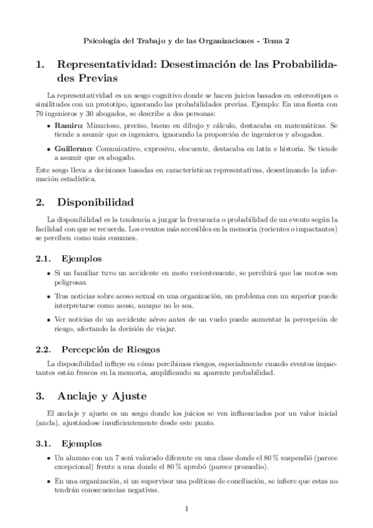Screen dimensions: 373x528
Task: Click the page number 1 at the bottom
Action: click(186, 508)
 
